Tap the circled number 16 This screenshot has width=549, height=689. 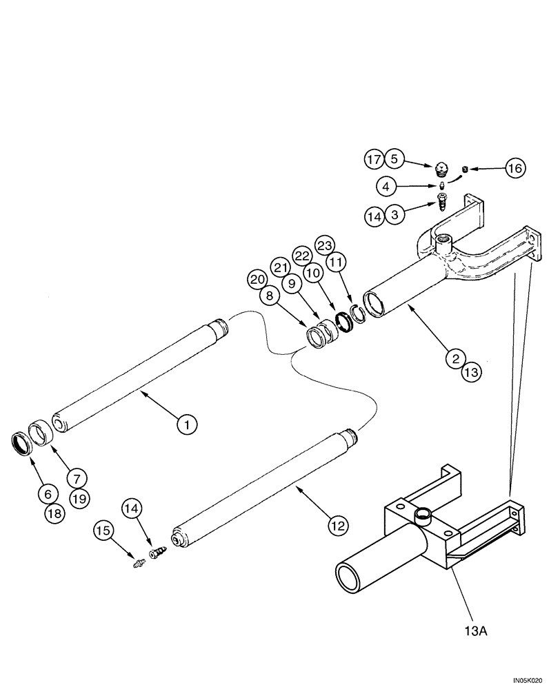(515, 167)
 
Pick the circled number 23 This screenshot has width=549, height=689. (325, 245)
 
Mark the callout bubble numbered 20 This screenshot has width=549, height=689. (257, 279)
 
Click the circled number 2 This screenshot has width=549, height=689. (455, 358)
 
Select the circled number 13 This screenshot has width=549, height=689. (471, 373)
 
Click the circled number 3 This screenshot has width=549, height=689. (393, 216)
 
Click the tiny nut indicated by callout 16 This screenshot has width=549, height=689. (465, 169)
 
